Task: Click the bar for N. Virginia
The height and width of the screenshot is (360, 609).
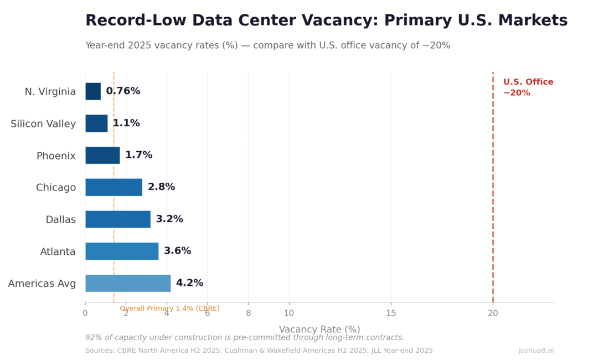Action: pyautogui.click(x=93, y=91)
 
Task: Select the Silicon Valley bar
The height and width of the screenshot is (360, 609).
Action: pyautogui.click(x=96, y=124)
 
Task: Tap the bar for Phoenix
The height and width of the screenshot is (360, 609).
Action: pyautogui.click(x=102, y=155)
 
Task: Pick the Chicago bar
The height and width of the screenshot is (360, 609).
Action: pyautogui.click(x=113, y=187)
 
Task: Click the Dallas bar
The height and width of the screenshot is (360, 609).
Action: pyautogui.click(x=118, y=219)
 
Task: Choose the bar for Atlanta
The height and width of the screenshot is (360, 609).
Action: pyautogui.click(x=122, y=251)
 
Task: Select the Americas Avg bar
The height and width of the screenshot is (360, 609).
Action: pyautogui.click(x=128, y=283)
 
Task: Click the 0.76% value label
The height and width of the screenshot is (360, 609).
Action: pyautogui.click(x=123, y=91)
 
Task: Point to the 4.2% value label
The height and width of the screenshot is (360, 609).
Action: pyautogui.click(x=189, y=283)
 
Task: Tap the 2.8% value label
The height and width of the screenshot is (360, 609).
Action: pyautogui.click(x=161, y=187)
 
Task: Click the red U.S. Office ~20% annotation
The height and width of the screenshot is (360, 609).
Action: pyautogui.click(x=528, y=88)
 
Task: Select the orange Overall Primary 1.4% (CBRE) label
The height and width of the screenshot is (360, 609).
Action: pyautogui.click(x=169, y=308)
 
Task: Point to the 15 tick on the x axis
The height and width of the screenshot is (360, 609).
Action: pyautogui.click(x=391, y=313)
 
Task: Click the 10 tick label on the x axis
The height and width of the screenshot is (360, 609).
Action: pyautogui.click(x=288, y=313)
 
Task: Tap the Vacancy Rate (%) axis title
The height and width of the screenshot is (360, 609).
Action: pyautogui.click(x=319, y=330)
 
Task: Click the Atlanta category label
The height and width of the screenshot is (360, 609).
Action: pyautogui.click(x=58, y=251)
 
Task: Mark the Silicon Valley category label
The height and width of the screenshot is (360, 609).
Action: pyautogui.click(x=43, y=124)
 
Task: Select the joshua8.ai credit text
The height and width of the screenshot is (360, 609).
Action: pyautogui.click(x=536, y=351)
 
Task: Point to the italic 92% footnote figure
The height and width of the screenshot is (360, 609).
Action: pyautogui.click(x=94, y=337)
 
